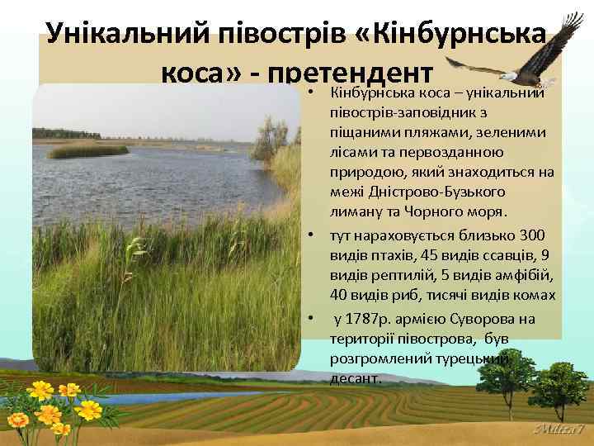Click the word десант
(x=355, y=379)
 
